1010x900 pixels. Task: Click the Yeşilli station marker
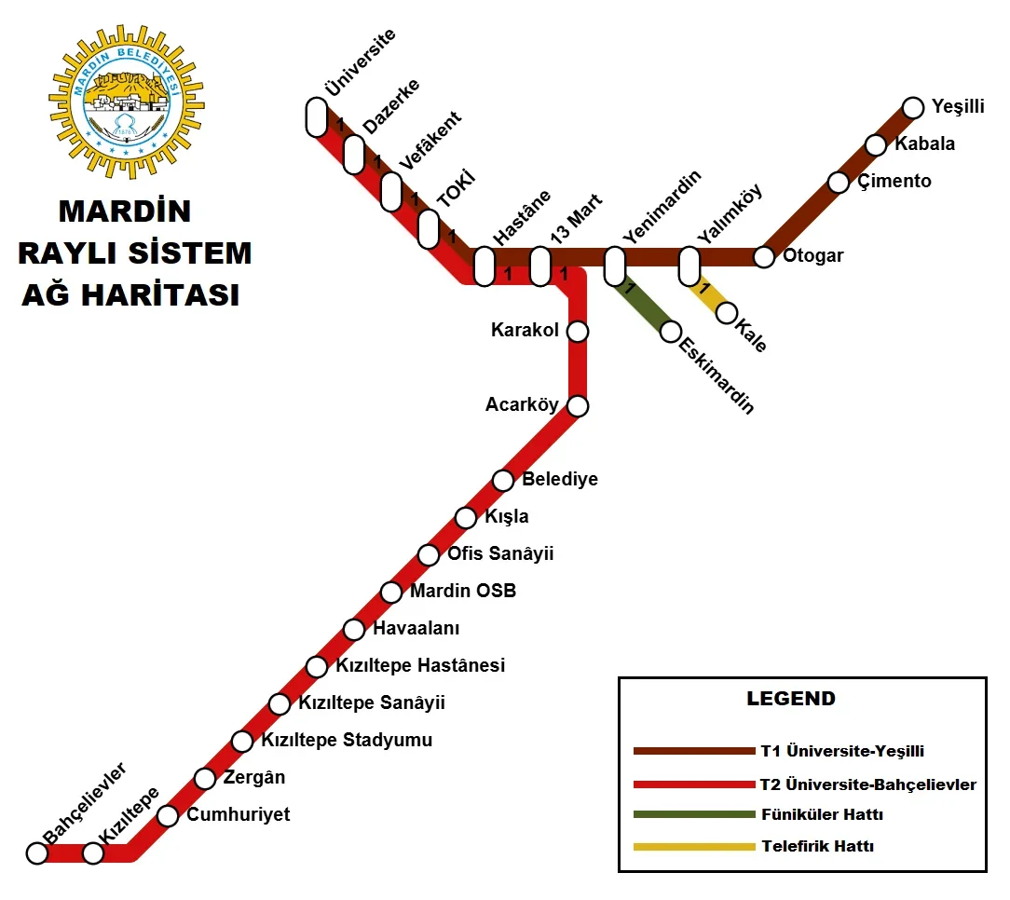pos(913,108)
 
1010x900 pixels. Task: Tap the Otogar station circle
pos(764,256)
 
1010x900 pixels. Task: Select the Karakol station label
pos(525,331)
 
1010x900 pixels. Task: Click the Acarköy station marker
pos(578,405)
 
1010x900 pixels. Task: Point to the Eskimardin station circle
pos(671,331)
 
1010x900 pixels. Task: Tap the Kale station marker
pos(727,312)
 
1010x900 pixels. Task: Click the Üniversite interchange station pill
pos(316,117)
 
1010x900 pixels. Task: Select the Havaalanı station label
pos(416,629)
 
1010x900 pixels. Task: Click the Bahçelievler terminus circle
pos(37,852)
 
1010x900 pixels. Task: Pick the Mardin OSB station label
pos(463,591)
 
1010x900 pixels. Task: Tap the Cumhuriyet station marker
pos(168,815)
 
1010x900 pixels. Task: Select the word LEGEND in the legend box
pos(791,698)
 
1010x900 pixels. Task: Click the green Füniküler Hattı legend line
pos(693,814)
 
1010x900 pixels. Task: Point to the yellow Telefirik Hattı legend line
pos(693,847)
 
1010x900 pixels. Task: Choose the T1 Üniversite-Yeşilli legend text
pos(842,751)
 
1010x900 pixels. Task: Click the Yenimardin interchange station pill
pos(614,266)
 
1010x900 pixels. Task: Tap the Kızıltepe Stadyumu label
pos(347,741)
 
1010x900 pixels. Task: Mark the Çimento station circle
pos(839,182)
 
